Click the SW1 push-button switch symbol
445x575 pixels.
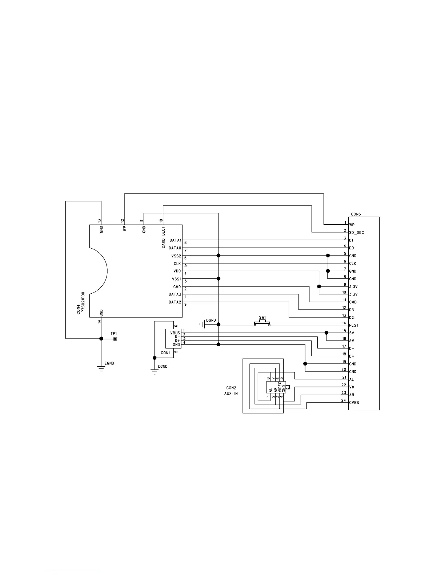[262, 323]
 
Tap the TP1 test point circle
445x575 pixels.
[115, 339]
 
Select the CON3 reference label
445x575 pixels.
[356, 214]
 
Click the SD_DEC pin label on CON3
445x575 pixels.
[356, 233]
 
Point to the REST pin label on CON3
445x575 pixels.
[354, 326]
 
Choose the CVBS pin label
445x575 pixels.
[354, 403]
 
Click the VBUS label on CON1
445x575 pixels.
[175, 333]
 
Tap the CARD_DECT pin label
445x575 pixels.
[164, 238]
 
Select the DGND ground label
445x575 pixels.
[211, 320]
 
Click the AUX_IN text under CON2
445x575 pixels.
[231, 393]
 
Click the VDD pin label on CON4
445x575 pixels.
[177, 271]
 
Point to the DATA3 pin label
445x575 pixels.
[175, 294]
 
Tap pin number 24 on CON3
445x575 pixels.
[344, 401]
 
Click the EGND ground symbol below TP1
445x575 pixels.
[101, 368]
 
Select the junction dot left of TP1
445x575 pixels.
[101, 339]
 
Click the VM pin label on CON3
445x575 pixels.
[352, 387]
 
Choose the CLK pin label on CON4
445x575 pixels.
[177, 264]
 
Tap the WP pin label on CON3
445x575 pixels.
[352, 225]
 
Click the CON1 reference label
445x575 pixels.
[165, 353]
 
